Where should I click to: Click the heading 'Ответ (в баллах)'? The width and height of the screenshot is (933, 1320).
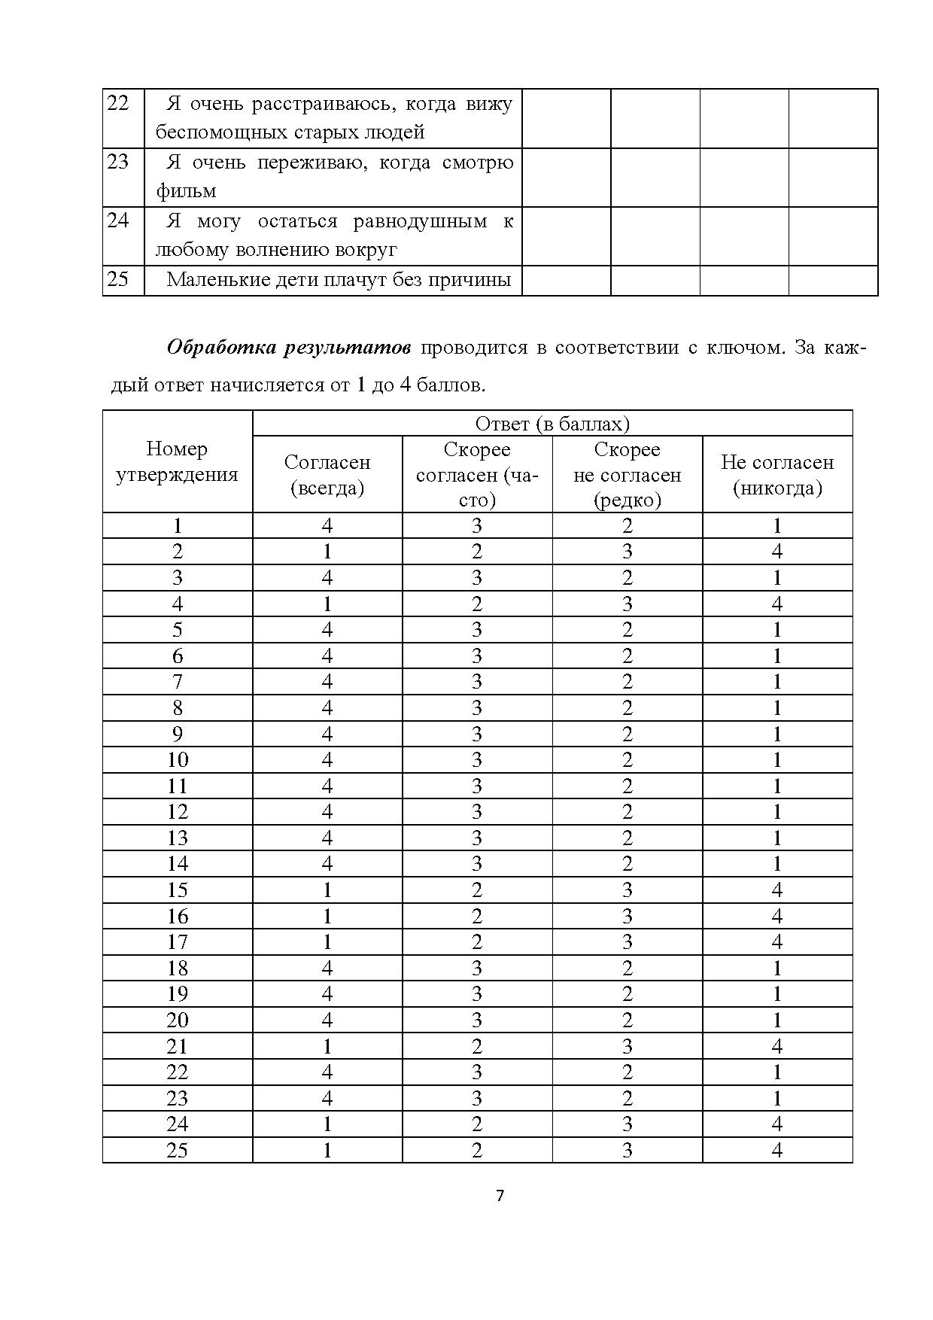[552, 424]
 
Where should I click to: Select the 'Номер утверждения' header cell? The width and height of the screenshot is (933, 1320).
[177, 461]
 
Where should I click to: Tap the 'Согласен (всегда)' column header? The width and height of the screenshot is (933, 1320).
[327, 475]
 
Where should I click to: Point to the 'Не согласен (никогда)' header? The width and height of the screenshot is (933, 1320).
[777, 475]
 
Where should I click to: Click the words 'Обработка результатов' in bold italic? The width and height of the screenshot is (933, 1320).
[289, 348]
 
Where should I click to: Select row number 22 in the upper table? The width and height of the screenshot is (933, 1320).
[118, 103]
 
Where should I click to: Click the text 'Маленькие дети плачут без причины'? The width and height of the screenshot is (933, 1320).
[339, 280]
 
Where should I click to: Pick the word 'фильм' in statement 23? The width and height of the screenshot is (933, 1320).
[186, 191]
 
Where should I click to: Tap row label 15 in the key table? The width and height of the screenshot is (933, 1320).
[178, 890]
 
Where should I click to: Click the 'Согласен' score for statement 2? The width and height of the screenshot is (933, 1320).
[327, 552]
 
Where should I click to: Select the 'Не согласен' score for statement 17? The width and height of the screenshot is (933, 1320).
[777, 942]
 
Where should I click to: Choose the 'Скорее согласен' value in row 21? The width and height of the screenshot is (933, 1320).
[477, 1046]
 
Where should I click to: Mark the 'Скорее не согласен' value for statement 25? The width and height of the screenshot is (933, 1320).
[628, 1150]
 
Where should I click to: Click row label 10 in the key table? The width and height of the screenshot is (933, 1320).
[178, 760]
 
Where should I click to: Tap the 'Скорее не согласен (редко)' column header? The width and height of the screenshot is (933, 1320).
[628, 475]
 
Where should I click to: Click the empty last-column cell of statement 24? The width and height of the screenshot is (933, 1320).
[833, 236]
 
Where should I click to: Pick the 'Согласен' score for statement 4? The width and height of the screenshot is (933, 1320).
[327, 604]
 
